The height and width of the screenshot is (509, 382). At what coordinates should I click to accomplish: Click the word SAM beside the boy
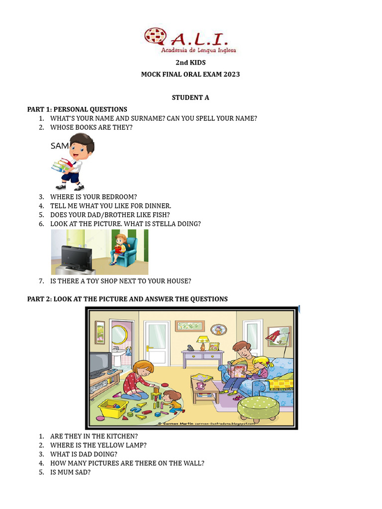pyautogui.click(x=60, y=146)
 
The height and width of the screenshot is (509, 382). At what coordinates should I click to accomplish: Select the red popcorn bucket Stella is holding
pyautogui.click(x=118, y=247)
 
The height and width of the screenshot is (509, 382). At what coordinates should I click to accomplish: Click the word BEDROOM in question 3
pyautogui.click(x=119, y=197)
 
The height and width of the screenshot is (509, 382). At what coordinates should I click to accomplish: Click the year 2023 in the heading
pyautogui.click(x=231, y=75)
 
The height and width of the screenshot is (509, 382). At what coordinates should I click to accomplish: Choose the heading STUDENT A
pyautogui.click(x=191, y=97)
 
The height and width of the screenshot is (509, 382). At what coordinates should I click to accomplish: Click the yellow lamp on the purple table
pyautogui.click(x=202, y=341)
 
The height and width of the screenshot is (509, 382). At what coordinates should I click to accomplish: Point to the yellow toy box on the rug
pyautogui.click(x=113, y=408)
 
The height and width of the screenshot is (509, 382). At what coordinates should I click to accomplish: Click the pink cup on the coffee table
pyautogui.click(x=200, y=385)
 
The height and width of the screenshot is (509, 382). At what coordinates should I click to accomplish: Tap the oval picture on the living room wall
pyautogui.click(x=218, y=329)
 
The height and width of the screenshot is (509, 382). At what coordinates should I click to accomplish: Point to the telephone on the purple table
pyautogui.click(x=190, y=348)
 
